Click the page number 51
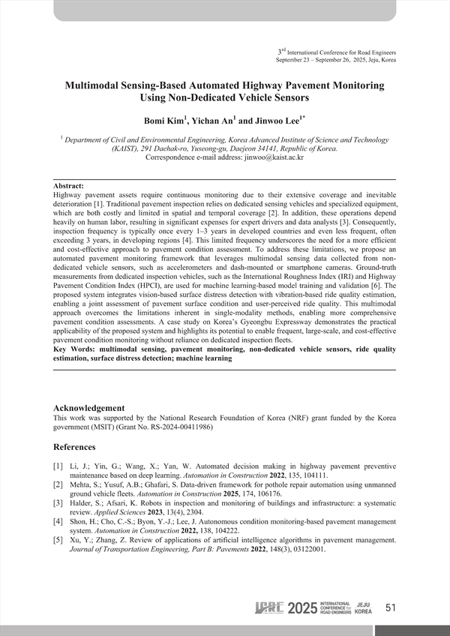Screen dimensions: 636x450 [390, 608]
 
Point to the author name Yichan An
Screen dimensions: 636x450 [214, 121]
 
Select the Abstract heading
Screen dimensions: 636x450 [69, 185]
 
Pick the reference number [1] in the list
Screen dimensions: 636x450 [58, 466]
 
